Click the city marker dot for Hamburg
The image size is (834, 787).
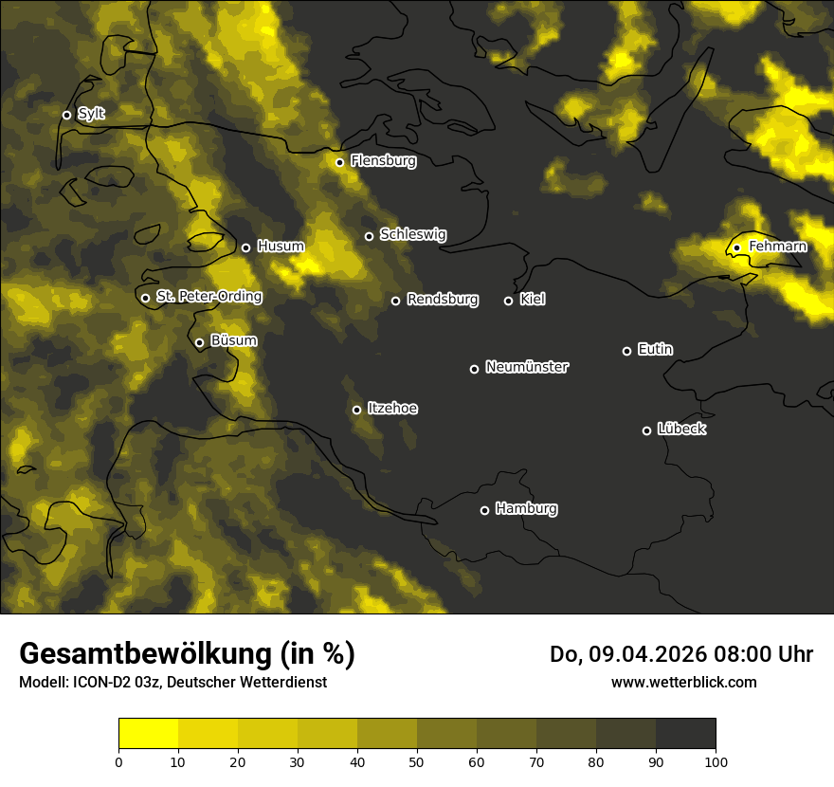484,510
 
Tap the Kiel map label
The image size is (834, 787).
533,300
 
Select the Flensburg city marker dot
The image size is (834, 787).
339,162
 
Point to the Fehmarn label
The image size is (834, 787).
777,247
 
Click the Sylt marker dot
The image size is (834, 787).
66,115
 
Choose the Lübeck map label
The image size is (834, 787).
681,429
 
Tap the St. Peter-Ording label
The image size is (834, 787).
208,296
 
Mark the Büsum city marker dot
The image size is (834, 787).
199,343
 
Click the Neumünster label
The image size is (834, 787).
526,367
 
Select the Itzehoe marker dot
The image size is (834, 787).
356,410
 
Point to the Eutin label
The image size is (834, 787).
655,349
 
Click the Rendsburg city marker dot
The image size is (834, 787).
395,301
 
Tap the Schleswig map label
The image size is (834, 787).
412,234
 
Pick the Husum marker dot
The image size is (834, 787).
245,247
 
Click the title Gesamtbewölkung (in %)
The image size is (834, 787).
187,654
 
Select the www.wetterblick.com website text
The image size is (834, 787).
683,682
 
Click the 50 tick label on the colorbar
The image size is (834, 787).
417,761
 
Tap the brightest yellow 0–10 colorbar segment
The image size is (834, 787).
149,734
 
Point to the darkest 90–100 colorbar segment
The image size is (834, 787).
685,734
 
